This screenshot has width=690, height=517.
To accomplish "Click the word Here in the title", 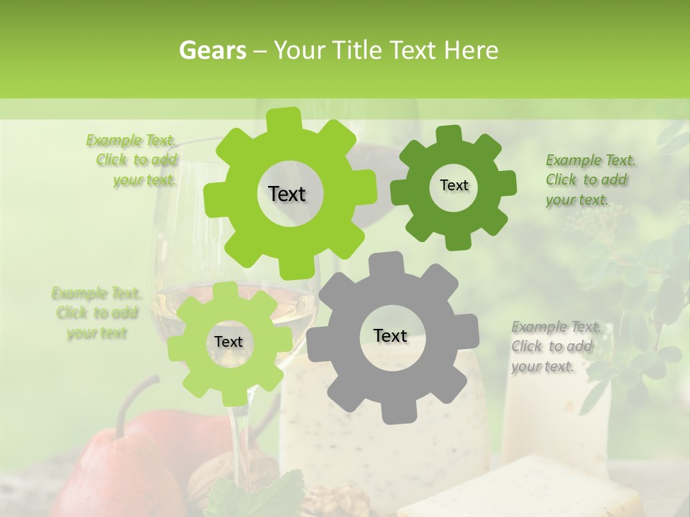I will tap(474, 50).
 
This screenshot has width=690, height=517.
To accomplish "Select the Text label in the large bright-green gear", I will tap(287, 194).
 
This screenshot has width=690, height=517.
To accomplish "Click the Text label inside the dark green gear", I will tap(454, 185).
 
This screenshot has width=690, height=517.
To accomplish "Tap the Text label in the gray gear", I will tap(390, 335).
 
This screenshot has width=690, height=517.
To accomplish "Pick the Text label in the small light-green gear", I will tap(229, 342).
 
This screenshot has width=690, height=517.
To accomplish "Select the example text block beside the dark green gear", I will tap(590, 180).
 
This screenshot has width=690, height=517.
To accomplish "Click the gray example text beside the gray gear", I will tap(555, 346).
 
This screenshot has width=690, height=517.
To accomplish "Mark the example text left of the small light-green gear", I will tap(96, 313).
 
